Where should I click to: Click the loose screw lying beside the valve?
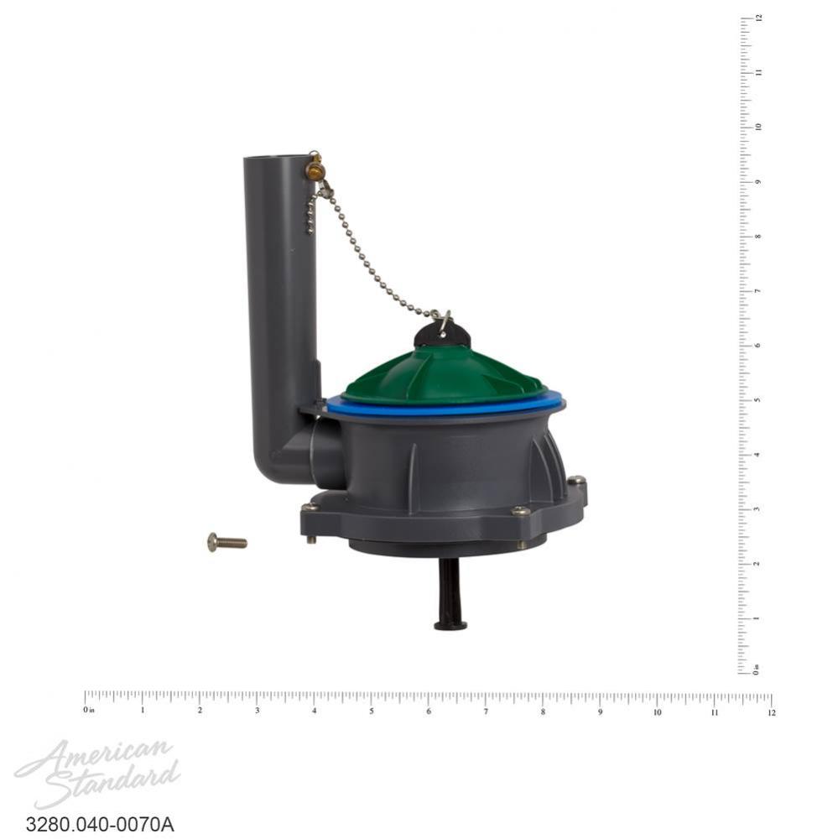coord(226,542)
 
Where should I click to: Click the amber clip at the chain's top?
coord(315,170)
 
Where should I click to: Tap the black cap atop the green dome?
coord(442,335)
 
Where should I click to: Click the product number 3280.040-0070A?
coord(100,824)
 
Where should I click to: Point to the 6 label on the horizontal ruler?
coord(429,712)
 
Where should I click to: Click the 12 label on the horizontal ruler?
coord(771,712)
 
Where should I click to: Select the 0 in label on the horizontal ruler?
coord(88,711)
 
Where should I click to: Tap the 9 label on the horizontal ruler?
coord(600,712)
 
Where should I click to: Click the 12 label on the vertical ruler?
coord(757,18)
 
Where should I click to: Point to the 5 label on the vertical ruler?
coord(757,399)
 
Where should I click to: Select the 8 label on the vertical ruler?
coord(757,236)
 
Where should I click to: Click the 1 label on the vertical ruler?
coord(757,618)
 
